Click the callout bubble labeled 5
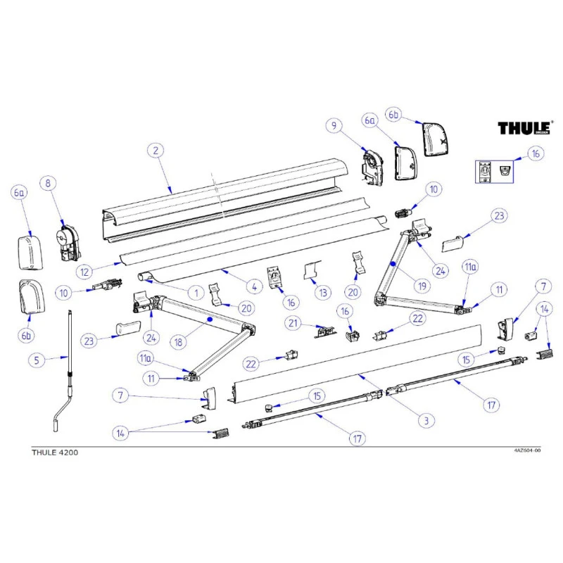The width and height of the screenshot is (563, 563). tap(39, 360)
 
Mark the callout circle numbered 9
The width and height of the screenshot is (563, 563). tap(332, 127)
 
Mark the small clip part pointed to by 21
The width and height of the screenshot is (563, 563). tap(324, 331)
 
